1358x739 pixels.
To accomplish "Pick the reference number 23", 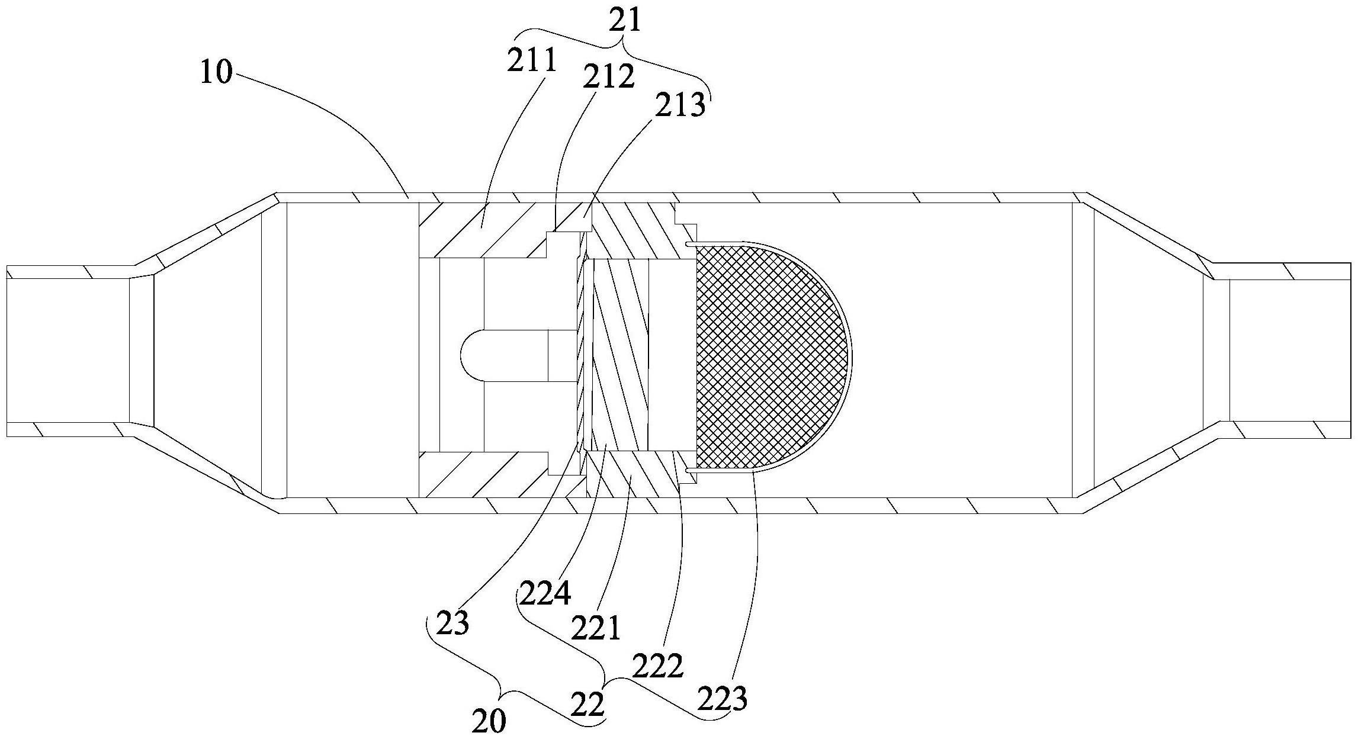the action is tap(453, 623).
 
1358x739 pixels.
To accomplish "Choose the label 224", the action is tap(545, 594).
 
